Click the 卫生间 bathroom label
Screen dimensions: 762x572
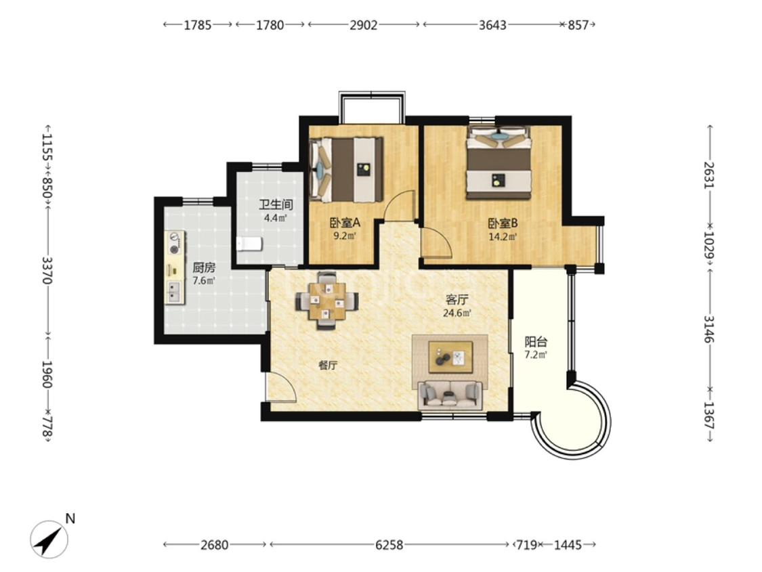[x=276, y=205]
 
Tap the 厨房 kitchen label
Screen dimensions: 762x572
[x=204, y=267]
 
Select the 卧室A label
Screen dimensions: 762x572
[x=345, y=223]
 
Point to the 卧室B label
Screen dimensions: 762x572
[x=503, y=223]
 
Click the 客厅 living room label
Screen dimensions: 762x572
[x=457, y=300]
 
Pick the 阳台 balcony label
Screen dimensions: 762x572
[x=536, y=341]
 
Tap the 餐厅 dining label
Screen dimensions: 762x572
[x=328, y=366]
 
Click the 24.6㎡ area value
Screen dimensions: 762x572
[x=457, y=313]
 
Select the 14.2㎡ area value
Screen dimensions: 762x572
[x=503, y=237]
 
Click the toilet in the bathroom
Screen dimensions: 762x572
[x=249, y=244]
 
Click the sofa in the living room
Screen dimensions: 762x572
[x=450, y=395]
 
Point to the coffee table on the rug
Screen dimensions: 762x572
[x=450, y=357]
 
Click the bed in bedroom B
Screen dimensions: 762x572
[x=499, y=162]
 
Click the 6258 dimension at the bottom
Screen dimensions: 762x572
[x=389, y=545]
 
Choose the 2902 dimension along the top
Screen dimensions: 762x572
[x=364, y=25]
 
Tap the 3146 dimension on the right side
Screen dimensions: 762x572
[x=710, y=329]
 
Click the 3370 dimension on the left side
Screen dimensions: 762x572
[x=47, y=271]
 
